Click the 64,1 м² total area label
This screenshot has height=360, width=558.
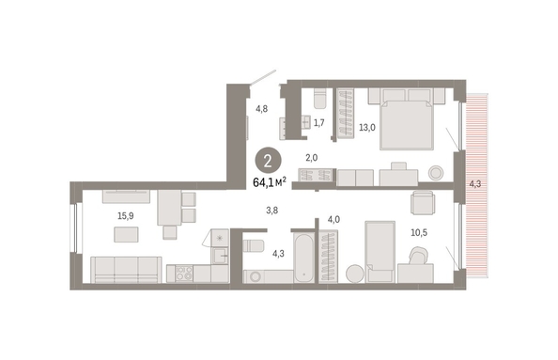(x=270, y=182)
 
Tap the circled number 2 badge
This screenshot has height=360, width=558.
(x=268, y=162)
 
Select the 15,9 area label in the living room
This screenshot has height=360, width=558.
(x=126, y=216)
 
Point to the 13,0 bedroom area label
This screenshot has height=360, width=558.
(x=367, y=128)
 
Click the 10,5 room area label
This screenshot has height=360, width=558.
(x=419, y=233)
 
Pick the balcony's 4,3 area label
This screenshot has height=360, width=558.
(x=474, y=184)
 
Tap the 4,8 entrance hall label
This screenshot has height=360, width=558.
(x=261, y=109)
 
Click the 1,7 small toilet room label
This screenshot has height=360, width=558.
(x=318, y=123)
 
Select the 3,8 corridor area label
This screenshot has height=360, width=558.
(x=271, y=211)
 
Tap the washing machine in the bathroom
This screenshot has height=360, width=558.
(x=255, y=276)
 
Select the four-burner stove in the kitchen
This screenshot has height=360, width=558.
(x=184, y=274)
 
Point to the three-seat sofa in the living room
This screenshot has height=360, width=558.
(x=126, y=270)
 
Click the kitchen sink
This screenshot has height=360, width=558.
(x=220, y=256)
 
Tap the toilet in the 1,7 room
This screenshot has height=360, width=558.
(x=319, y=98)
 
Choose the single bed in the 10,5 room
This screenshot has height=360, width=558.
(x=380, y=252)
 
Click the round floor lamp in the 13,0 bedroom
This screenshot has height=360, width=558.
(x=436, y=173)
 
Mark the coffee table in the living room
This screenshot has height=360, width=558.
(x=126, y=235)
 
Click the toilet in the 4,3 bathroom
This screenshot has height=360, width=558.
(x=254, y=245)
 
